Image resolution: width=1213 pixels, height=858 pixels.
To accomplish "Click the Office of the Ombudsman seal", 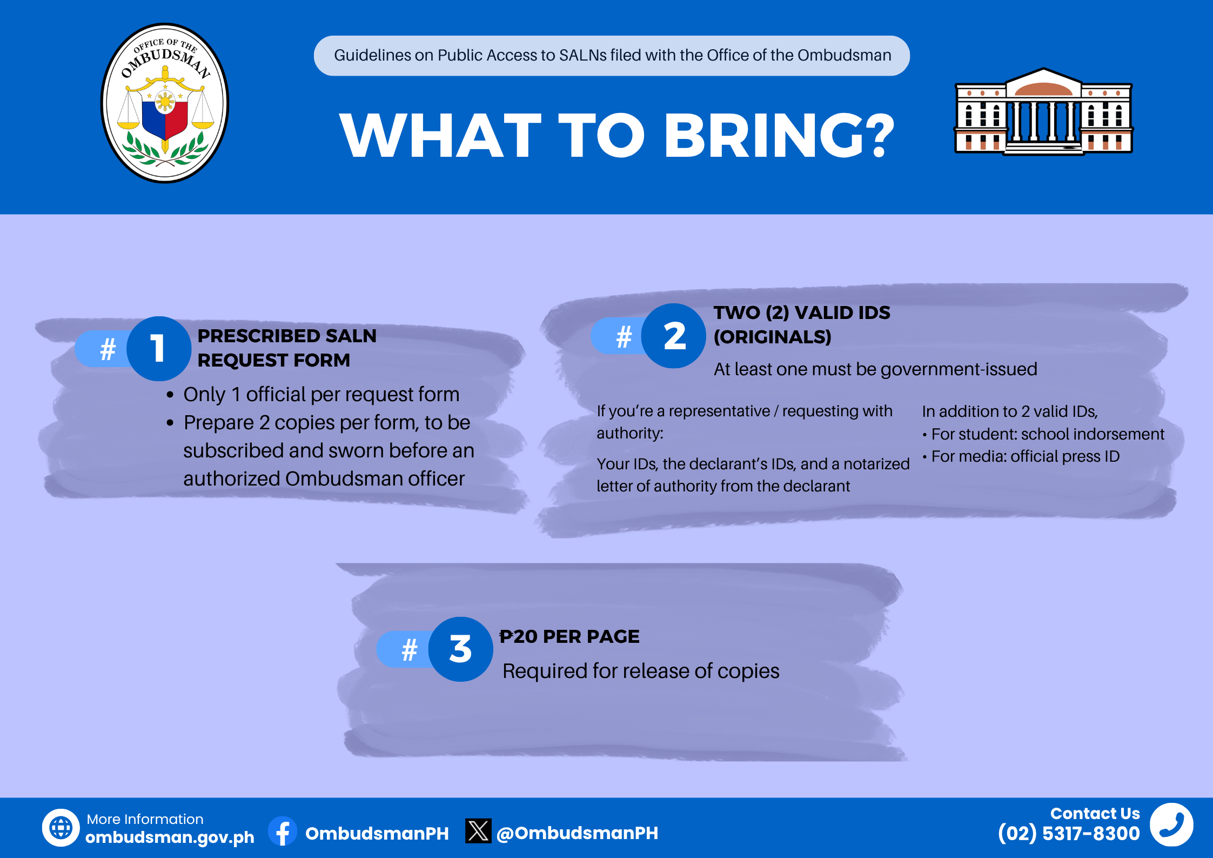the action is pyautogui.click(x=165, y=103).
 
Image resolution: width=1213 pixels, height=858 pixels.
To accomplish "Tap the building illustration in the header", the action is pyautogui.click(x=1043, y=111).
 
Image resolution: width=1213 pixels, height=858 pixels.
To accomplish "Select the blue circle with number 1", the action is pyautogui.click(x=159, y=349).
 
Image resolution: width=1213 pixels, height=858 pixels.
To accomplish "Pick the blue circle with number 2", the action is pyautogui.click(x=674, y=336).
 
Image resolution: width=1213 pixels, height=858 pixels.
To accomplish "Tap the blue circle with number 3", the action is pyautogui.click(x=460, y=649).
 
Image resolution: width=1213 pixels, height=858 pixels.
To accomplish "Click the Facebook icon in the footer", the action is pyautogui.click(x=283, y=831).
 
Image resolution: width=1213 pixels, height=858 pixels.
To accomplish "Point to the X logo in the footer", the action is pyautogui.click(x=478, y=831).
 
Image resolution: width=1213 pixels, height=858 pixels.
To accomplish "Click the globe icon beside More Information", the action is pyautogui.click(x=61, y=827).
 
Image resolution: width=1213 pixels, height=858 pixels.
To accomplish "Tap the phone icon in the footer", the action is pyautogui.click(x=1171, y=824).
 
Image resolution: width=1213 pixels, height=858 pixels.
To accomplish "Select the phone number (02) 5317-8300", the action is pyautogui.click(x=1069, y=834).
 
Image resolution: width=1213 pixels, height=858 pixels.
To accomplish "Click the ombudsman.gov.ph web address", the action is pyautogui.click(x=170, y=837).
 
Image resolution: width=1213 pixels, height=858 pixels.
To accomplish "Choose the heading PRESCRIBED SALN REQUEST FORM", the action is pyautogui.click(x=287, y=348).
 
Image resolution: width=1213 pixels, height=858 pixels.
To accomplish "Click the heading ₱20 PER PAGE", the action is pyautogui.click(x=569, y=636).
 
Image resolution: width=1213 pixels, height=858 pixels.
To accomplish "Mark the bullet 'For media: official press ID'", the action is pyautogui.click(x=1021, y=456).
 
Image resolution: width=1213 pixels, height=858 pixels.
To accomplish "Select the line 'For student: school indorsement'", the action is pyautogui.click(x=1043, y=434).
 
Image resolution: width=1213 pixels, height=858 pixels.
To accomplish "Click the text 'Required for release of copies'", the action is pyautogui.click(x=641, y=671).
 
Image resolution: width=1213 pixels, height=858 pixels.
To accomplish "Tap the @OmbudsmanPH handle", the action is pyautogui.click(x=577, y=833).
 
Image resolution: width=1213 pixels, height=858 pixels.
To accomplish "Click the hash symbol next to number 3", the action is pyautogui.click(x=410, y=649).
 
